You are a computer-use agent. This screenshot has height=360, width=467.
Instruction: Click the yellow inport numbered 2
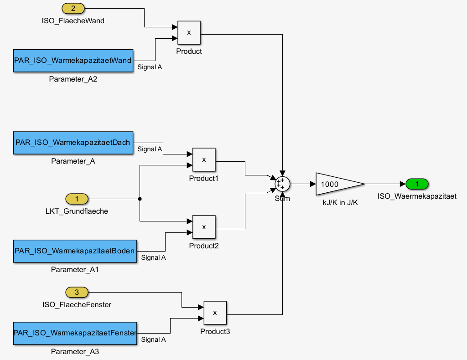point(73,8)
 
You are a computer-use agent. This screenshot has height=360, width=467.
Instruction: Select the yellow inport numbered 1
point(77,199)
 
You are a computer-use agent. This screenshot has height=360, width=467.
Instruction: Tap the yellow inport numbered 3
point(77,292)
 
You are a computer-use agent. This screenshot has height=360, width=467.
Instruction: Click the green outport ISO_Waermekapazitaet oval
point(416,184)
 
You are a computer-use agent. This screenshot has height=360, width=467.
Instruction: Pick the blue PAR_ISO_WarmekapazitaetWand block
point(73,61)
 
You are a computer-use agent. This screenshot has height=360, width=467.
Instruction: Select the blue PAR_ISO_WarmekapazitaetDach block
point(73,143)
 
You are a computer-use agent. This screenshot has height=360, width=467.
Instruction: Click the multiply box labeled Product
point(189,32)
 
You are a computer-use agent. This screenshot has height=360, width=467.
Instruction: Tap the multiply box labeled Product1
point(204,159)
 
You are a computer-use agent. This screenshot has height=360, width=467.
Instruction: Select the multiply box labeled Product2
point(204,227)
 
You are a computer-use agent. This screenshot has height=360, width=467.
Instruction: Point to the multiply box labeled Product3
point(215,313)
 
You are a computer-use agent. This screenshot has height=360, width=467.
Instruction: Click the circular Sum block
point(282,184)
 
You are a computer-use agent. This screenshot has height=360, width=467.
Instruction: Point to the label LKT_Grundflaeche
point(77,211)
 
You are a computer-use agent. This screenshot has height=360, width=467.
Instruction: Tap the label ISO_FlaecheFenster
point(77,304)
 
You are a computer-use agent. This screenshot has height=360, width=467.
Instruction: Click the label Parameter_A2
point(73,79)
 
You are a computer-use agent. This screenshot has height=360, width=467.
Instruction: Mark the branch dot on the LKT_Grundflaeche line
point(140,199)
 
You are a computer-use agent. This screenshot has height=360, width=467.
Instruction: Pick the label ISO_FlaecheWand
point(73,21)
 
